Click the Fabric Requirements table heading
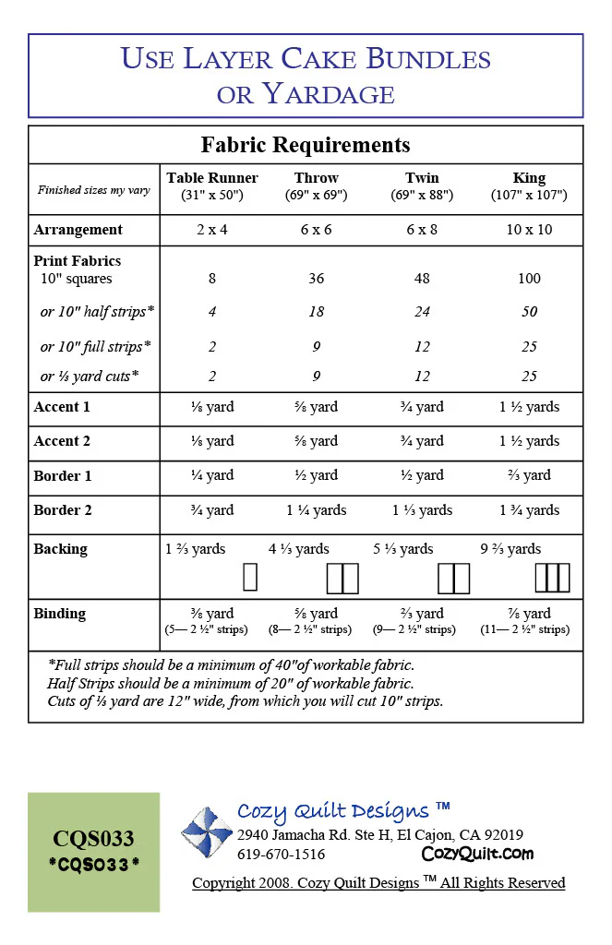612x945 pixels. click(x=306, y=145)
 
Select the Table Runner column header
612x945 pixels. click(x=212, y=178)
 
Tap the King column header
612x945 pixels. click(x=529, y=178)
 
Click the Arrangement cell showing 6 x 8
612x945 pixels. click(x=422, y=230)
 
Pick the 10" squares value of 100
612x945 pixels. click(x=529, y=279)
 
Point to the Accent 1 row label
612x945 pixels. click(x=62, y=407)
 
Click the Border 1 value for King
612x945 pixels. click(x=529, y=475)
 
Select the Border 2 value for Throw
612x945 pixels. click(x=316, y=510)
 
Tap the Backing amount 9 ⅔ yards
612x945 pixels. click(x=510, y=549)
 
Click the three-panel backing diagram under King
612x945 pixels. click(x=552, y=578)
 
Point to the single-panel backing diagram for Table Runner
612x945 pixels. click(x=249, y=578)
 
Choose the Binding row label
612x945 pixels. click(x=59, y=614)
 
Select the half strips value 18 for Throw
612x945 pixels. click(x=316, y=312)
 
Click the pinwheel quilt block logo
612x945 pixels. click(x=206, y=832)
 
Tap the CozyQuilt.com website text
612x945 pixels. click(x=477, y=855)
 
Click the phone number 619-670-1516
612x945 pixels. click(x=281, y=855)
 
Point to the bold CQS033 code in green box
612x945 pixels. click(x=93, y=839)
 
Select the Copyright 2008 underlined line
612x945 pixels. click(x=378, y=883)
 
